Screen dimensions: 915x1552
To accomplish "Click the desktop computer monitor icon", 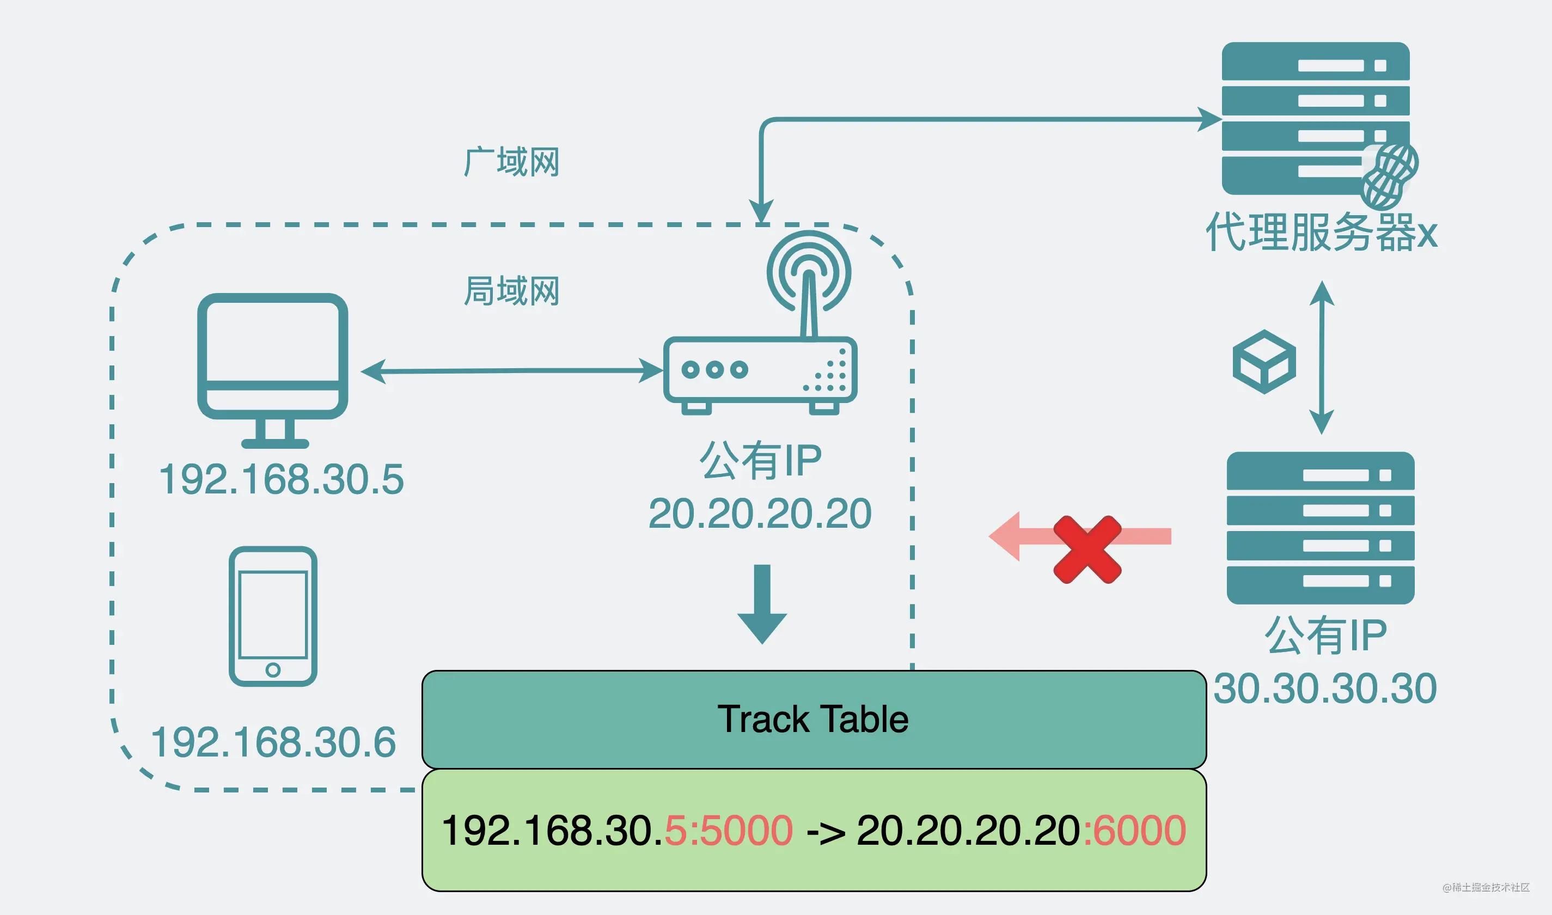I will pyautogui.click(x=272, y=364).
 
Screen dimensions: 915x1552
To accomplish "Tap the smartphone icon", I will pyautogui.click(x=272, y=615).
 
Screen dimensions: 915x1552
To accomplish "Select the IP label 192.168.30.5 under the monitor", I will pyautogui.click(x=281, y=480).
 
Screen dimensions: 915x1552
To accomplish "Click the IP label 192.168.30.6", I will pyautogui.click(x=273, y=742).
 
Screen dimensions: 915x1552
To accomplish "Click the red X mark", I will pyautogui.click(x=1087, y=550).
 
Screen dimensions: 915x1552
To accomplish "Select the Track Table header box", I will pyautogui.click(x=814, y=719).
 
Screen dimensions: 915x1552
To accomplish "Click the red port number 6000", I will pyautogui.click(x=1134, y=831).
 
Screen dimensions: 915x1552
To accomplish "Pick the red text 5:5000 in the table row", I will pyautogui.click(x=729, y=831).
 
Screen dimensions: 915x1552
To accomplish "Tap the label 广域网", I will pyautogui.click(x=511, y=162).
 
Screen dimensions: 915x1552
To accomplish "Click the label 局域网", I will pyautogui.click(x=511, y=291).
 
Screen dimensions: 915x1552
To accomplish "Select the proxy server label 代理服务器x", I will pyautogui.click(x=1321, y=233).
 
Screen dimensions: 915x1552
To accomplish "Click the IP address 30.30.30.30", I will pyautogui.click(x=1325, y=689).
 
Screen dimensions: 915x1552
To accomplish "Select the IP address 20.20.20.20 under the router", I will pyautogui.click(x=760, y=514).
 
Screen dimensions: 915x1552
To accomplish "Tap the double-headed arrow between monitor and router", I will pyautogui.click(x=511, y=370).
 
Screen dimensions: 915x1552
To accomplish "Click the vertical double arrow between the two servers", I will pyautogui.click(x=1322, y=358).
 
